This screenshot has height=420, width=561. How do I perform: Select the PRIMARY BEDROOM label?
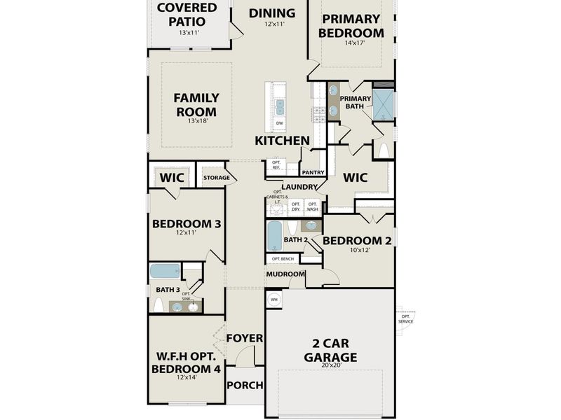point(351,26)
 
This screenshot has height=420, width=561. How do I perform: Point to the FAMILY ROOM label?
point(196,105)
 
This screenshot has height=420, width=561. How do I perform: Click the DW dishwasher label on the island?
point(279,123)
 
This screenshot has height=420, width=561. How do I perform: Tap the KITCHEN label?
point(282,141)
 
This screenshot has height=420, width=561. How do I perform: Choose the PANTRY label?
point(311,172)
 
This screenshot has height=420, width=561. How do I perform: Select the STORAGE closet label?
point(217,178)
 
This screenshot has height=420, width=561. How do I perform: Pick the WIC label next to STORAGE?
point(171,178)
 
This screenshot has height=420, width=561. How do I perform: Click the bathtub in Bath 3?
point(165,271)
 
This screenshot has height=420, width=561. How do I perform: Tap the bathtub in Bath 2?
point(274,236)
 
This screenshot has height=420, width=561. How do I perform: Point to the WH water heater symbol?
point(274,299)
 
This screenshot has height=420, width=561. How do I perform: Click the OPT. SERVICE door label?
point(405,318)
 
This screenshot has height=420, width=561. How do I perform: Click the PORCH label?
point(245,385)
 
